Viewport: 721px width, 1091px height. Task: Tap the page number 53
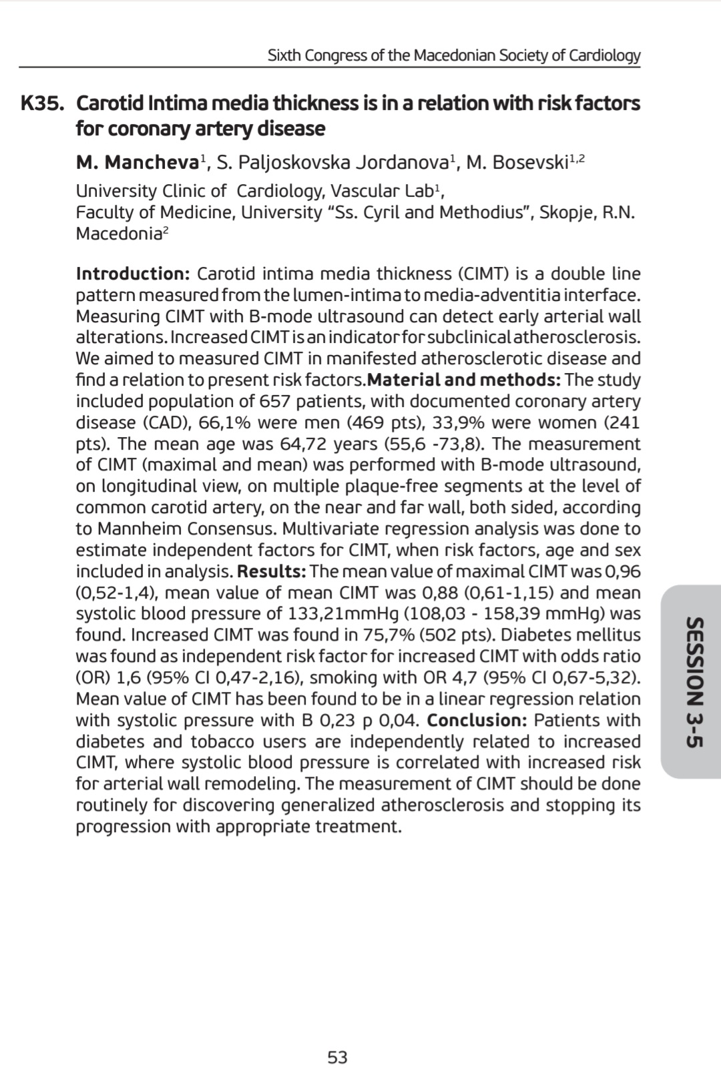click(337, 1057)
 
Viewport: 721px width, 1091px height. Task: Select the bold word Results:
click(272, 571)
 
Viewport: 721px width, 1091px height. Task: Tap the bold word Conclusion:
click(477, 721)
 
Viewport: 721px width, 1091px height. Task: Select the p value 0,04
click(399, 721)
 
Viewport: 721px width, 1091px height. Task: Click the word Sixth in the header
click(284, 55)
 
